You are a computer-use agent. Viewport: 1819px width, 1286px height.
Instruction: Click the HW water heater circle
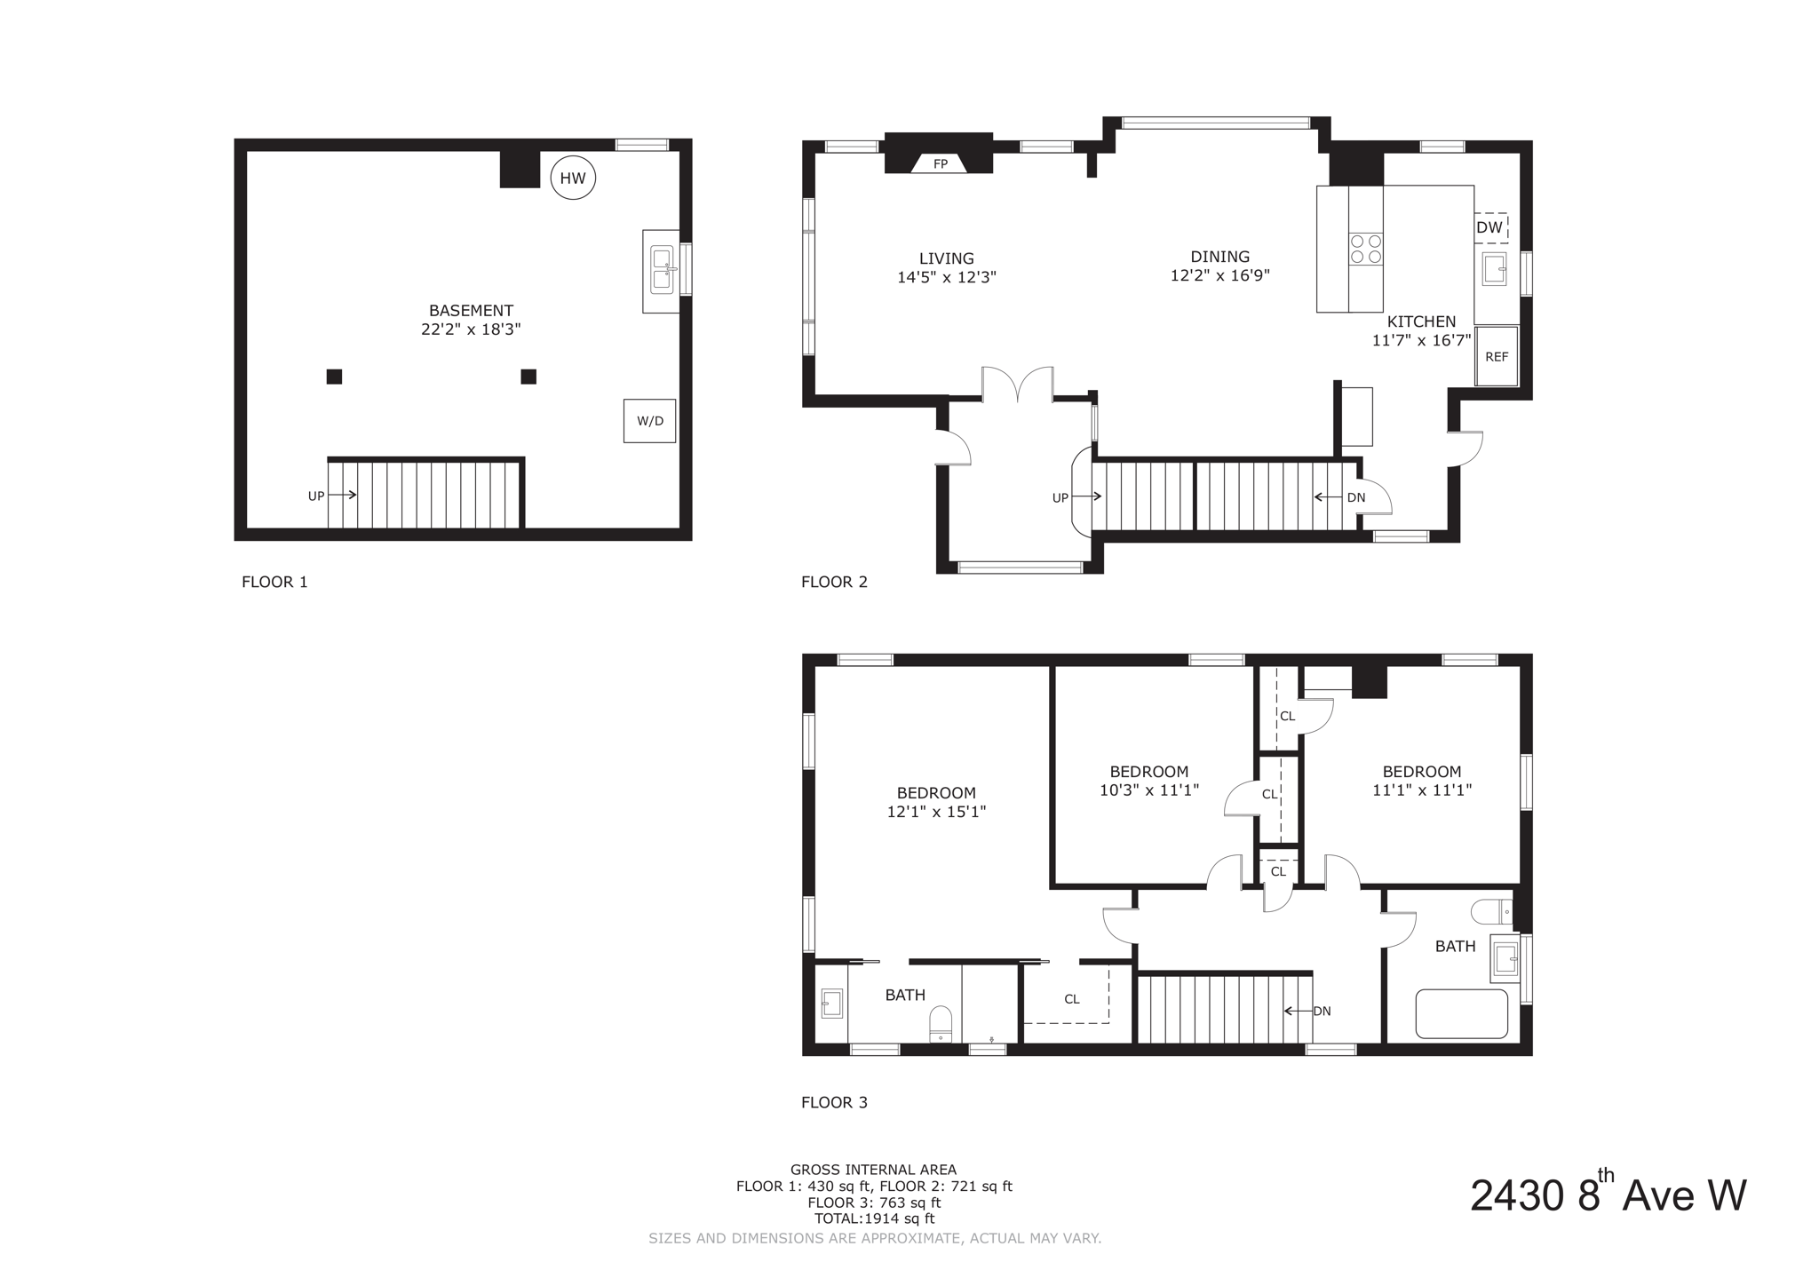[573, 178]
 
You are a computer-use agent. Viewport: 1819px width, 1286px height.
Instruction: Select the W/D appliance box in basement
[649, 420]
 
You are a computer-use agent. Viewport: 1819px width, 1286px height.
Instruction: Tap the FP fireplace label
[940, 163]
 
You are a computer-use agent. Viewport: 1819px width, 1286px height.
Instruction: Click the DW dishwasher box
[1489, 227]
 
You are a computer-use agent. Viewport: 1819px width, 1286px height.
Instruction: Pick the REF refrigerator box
[1497, 356]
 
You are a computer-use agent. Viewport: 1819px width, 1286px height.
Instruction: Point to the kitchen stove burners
[1366, 249]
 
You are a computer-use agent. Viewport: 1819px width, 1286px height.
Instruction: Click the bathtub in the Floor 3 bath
[1461, 1013]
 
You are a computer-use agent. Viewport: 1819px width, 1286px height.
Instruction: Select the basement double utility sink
[662, 269]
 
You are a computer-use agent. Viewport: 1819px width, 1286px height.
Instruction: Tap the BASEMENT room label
[471, 310]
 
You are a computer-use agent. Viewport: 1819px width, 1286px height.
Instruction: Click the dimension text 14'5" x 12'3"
[946, 277]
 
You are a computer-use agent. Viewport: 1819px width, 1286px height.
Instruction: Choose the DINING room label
[1219, 257]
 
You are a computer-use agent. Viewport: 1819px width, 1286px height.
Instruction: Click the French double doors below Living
[1017, 385]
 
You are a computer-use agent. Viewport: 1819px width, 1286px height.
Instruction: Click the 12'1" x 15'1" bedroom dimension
[936, 812]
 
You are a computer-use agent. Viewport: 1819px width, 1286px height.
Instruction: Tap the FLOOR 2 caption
[834, 582]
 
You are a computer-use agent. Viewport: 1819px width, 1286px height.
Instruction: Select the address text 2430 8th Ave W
[1608, 1195]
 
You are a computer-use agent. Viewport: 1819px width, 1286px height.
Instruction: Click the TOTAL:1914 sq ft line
[874, 1219]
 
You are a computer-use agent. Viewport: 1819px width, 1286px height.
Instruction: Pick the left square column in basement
[334, 377]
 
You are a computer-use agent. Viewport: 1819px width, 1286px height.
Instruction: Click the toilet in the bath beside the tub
[1491, 911]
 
